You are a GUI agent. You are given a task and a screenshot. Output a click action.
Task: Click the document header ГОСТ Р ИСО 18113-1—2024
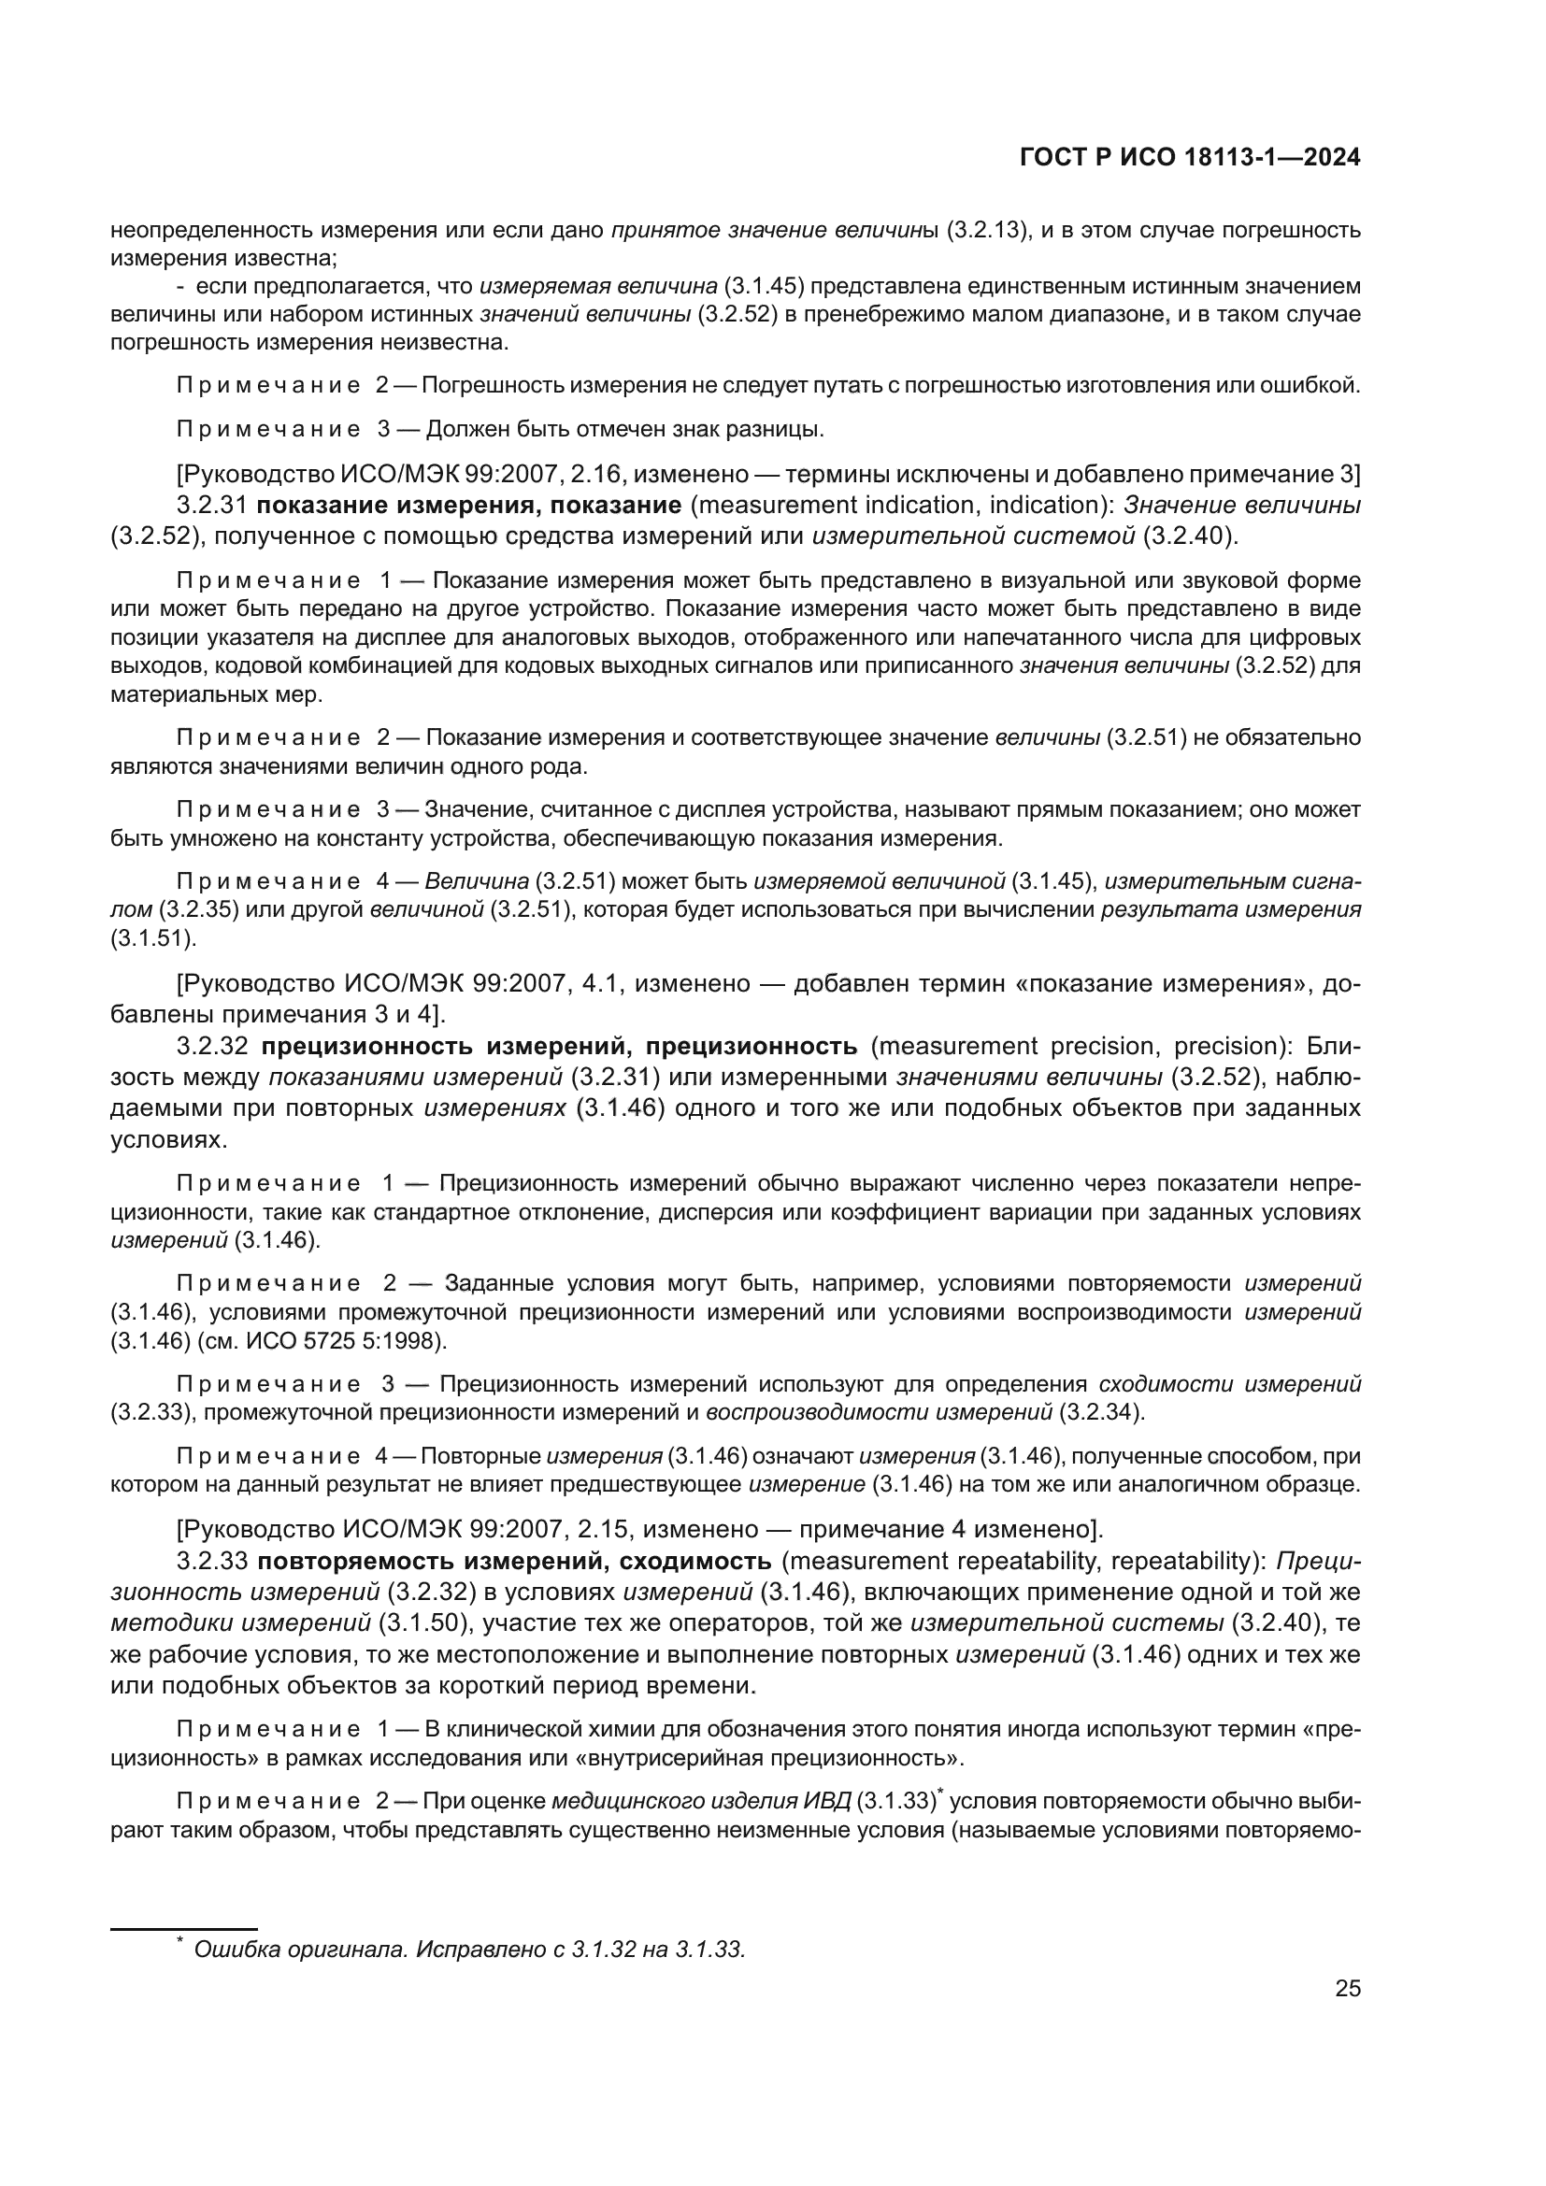[x=1189, y=158]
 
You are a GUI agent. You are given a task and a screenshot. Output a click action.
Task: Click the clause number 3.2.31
[x=211, y=506]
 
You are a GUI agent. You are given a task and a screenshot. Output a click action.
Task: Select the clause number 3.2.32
[x=211, y=1047]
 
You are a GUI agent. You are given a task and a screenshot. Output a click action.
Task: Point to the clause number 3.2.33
[x=211, y=1562]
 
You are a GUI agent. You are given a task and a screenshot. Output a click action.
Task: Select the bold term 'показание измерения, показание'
[x=468, y=506]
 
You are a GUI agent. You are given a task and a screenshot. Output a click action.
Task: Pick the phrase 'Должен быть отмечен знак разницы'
[x=623, y=429]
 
